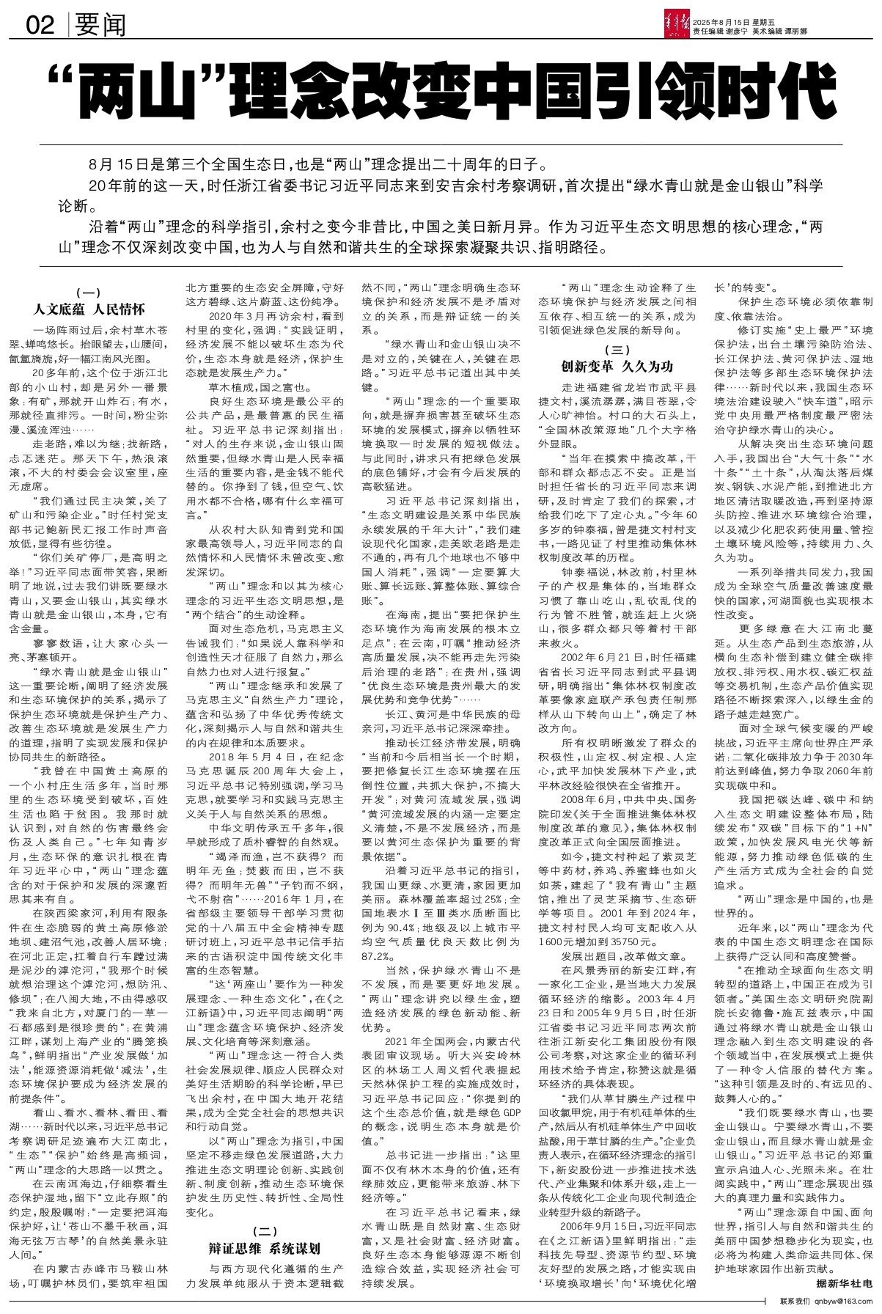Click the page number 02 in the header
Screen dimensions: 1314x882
tap(40, 26)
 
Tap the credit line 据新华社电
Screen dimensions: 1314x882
tap(843, 1284)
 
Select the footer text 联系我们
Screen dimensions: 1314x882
tap(793, 1302)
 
